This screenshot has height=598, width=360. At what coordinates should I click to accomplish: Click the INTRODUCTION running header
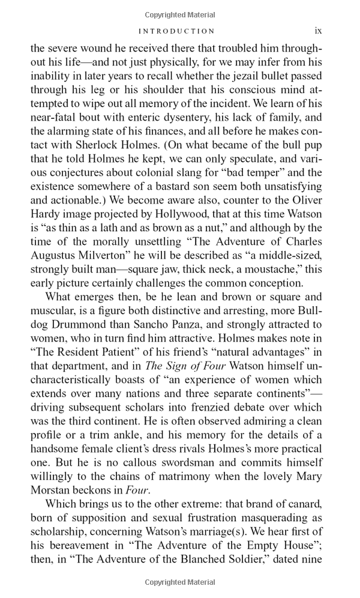(x=176, y=31)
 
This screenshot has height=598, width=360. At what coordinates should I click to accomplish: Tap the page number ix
(x=319, y=31)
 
